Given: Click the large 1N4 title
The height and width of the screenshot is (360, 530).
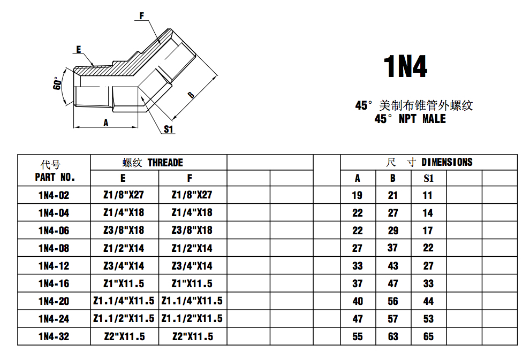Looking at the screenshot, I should [x=405, y=66].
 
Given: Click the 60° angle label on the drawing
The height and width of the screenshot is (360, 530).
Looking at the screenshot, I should [x=58, y=83].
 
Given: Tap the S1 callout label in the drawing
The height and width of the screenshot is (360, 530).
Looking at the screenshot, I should [x=169, y=129].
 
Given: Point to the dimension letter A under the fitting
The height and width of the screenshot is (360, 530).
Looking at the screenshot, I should [x=106, y=122].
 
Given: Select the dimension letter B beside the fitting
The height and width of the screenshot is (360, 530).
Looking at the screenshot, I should [x=190, y=95].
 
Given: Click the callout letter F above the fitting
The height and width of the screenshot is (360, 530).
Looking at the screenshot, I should [x=142, y=16].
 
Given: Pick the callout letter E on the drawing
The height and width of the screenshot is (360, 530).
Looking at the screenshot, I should [x=78, y=49].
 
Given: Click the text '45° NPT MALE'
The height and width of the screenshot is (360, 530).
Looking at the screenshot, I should [x=410, y=119].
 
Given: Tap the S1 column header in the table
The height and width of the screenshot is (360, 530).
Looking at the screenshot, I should [x=428, y=179].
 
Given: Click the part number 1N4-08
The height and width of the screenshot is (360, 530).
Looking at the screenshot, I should [x=54, y=248].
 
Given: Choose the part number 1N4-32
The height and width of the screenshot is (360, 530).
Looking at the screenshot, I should [x=54, y=336].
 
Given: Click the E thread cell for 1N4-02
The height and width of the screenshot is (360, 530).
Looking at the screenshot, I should [x=124, y=195].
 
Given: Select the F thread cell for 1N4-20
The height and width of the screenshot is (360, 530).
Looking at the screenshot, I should [x=192, y=301].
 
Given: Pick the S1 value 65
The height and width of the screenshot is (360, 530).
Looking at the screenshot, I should [x=428, y=336].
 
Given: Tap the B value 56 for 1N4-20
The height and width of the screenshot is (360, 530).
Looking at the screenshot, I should [x=393, y=301].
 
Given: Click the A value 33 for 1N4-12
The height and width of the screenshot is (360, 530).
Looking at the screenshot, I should [x=358, y=266].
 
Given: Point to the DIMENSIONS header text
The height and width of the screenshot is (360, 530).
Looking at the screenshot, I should [x=446, y=162].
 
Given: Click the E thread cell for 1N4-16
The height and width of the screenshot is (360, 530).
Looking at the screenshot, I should [x=124, y=284].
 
